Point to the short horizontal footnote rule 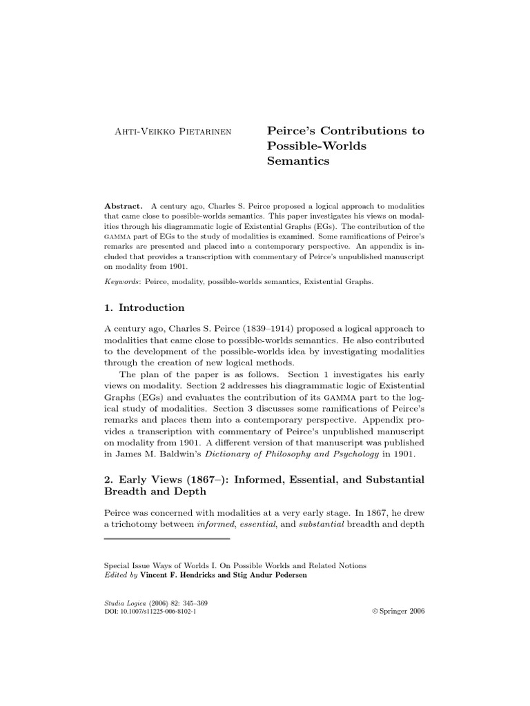tap(166, 539)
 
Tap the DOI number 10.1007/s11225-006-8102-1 tap(159, 612)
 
